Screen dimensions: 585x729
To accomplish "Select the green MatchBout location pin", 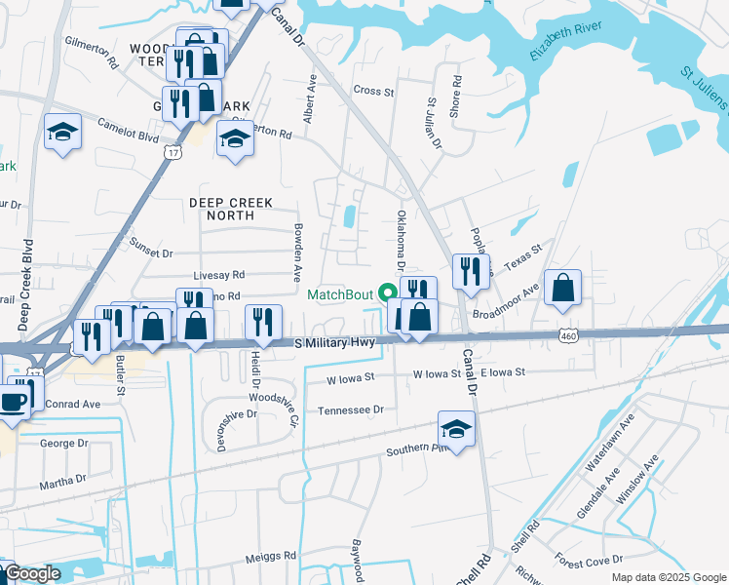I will coord(387,292).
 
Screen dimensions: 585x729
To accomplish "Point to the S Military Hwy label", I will coord(335,343).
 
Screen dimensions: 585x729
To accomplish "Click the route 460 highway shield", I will coord(567,335).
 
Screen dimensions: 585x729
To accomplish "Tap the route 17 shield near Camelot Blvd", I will coord(173,152).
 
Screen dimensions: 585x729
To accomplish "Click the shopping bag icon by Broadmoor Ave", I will coord(562,288).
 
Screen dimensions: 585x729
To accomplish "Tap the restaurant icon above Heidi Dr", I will coord(261,323).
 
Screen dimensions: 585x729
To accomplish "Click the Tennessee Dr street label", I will coord(351,410).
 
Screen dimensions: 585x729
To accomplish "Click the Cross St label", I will coord(372,91).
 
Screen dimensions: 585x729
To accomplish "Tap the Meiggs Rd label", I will coord(270,556).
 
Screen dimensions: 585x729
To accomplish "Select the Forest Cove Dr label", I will coord(591,561).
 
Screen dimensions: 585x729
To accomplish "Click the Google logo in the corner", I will coord(31,574).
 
